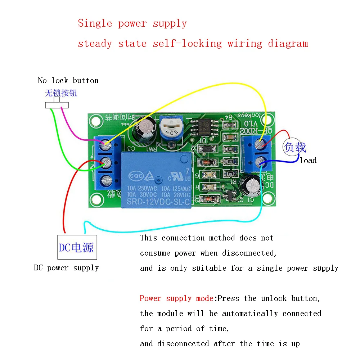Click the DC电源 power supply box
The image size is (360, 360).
[x=77, y=247]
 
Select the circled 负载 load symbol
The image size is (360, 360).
[x=295, y=147]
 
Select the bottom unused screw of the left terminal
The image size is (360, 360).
[x=105, y=180]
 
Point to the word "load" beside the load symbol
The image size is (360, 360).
[x=308, y=161]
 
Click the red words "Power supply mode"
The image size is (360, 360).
[x=176, y=298]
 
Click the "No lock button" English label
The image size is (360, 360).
[x=68, y=80]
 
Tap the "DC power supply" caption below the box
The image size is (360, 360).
[x=66, y=268]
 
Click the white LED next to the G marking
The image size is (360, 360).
[x=209, y=175]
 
